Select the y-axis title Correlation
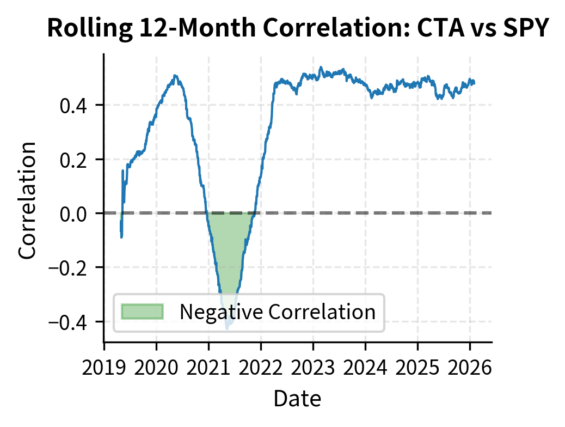[x=28, y=200]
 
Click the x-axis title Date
[x=297, y=399]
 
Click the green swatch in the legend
[x=143, y=312]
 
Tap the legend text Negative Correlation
[x=278, y=312]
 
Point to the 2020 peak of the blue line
[x=175, y=76]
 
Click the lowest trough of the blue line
[x=227, y=328]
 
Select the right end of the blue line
[x=474, y=82]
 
